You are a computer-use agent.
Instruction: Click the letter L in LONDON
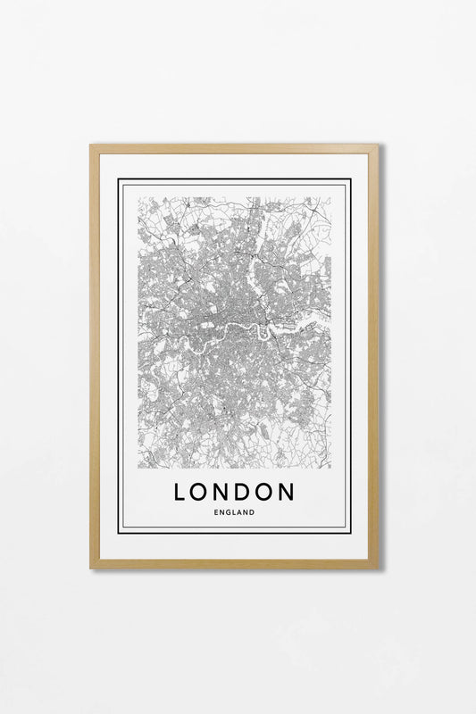coord(180,492)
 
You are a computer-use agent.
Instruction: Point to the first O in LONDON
coord(200,492)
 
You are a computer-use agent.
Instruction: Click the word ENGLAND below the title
coord(234,512)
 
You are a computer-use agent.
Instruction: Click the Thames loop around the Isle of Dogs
coord(262,332)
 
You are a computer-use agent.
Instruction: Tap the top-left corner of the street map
coord(138,197)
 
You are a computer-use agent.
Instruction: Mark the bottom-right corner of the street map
coord(330,469)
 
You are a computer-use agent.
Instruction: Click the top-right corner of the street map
coord(330,197)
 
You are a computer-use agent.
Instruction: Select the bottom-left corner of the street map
coord(138,469)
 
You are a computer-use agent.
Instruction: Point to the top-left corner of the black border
coord(119,179)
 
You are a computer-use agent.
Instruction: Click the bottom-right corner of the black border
coord(351,533)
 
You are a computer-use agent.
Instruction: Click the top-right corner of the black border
coord(351,179)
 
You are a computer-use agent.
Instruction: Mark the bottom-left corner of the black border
coord(119,533)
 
